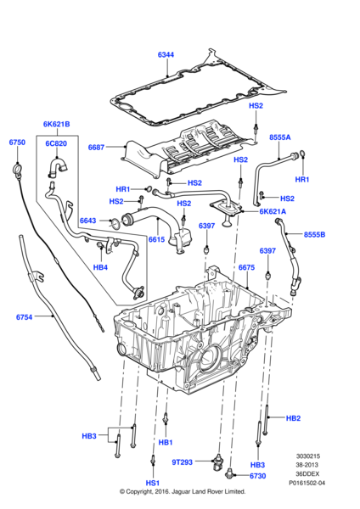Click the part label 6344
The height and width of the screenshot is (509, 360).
[x=166, y=54]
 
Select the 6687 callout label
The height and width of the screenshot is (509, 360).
[x=96, y=148]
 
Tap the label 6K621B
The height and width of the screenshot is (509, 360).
[x=57, y=124]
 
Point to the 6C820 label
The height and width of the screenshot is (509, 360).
[x=56, y=143]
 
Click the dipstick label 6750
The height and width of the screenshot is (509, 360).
[x=17, y=143]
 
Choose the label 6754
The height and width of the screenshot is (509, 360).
[x=25, y=316]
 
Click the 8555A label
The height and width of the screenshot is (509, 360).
[x=280, y=137]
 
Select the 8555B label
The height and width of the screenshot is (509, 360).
[x=314, y=234]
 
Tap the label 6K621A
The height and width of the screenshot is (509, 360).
[x=273, y=211]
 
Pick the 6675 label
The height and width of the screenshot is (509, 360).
[x=246, y=267]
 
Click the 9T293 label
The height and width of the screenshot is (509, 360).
[x=183, y=462]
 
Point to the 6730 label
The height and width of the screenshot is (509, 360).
[x=257, y=476]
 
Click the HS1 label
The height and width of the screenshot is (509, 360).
[x=152, y=483]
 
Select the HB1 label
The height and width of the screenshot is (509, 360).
[x=166, y=443]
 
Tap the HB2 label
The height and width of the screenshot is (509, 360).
[x=293, y=418]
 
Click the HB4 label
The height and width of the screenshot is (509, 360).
[x=100, y=267]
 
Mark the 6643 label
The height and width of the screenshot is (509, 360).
[x=87, y=221]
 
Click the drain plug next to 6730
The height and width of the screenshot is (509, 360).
[x=228, y=473]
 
